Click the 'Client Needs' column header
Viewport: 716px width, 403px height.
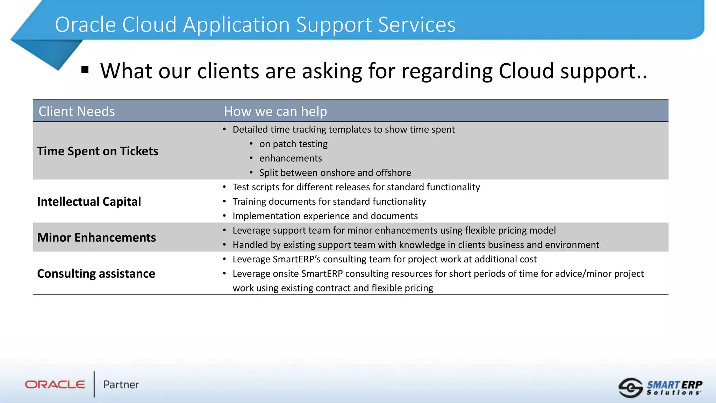click(x=77, y=111)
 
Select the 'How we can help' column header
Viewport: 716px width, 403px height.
click(x=275, y=111)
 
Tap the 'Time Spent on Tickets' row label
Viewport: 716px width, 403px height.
click(x=98, y=151)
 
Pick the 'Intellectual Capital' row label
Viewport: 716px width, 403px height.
click(x=89, y=201)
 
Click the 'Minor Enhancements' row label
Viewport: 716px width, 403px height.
click(x=96, y=238)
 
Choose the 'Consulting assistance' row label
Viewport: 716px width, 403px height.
click(x=96, y=274)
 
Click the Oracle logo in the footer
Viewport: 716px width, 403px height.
click(x=55, y=384)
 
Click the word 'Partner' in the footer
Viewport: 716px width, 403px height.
click(x=121, y=384)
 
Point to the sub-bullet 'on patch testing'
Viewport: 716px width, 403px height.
click(x=293, y=144)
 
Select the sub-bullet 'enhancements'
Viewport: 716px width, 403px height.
click(x=290, y=158)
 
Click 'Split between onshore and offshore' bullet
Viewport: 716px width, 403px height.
click(x=335, y=172)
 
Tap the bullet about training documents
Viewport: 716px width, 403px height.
click(x=329, y=201)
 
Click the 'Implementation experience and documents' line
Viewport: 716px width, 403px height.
click(x=325, y=216)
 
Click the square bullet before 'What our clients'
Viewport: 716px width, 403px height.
click(x=85, y=70)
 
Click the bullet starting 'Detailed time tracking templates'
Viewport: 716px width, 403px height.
click(x=343, y=129)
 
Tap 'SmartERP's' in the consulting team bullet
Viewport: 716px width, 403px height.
click(x=296, y=259)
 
